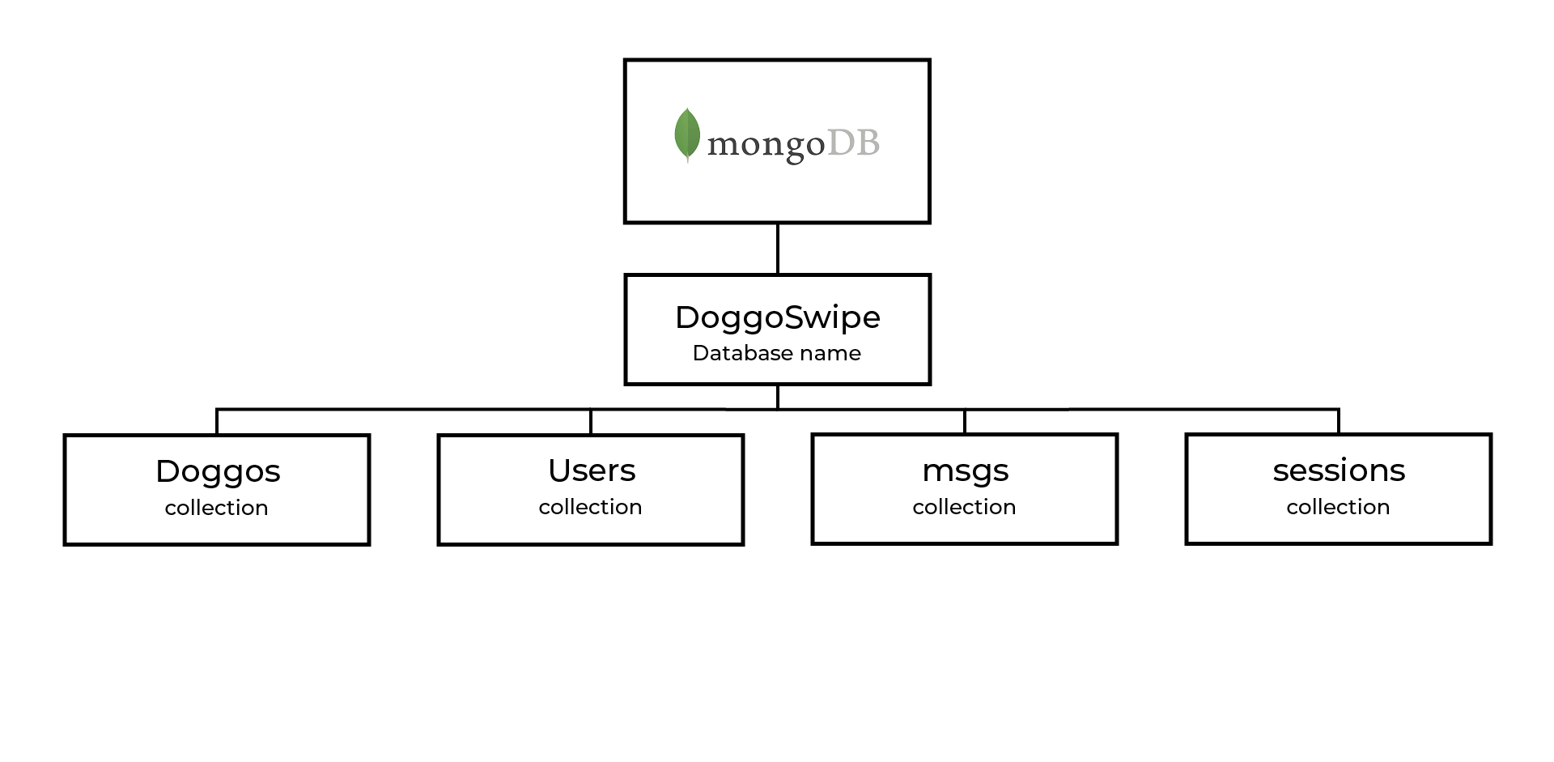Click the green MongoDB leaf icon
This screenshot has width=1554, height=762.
pyautogui.click(x=687, y=134)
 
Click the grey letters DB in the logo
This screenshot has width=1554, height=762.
pyautogui.click(x=853, y=143)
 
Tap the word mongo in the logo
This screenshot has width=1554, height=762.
pyautogui.click(x=766, y=146)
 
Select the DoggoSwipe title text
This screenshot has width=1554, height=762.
pyautogui.click(x=777, y=317)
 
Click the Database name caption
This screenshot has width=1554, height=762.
pyautogui.click(x=777, y=353)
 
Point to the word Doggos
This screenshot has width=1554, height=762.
pyautogui.click(x=218, y=471)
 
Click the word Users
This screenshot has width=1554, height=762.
pyautogui.click(x=592, y=470)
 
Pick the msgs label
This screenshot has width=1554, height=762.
pyautogui.click(x=965, y=471)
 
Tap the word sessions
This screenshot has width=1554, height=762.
pyautogui.click(x=1339, y=470)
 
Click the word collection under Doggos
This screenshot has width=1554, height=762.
pyautogui.click(x=217, y=508)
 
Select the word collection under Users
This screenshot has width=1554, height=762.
pyautogui.click(x=591, y=507)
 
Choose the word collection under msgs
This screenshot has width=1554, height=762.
pyautogui.click(x=965, y=507)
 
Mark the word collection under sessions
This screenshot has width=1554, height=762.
pyautogui.click(x=1339, y=507)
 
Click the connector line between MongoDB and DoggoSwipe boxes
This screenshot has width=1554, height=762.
pyautogui.click(x=778, y=249)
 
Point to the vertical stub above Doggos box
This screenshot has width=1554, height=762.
pyautogui.click(x=217, y=422)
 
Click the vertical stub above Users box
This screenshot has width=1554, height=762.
pyautogui.click(x=591, y=422)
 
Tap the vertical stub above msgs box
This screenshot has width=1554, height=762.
pyautogui.click(x=965, y=422)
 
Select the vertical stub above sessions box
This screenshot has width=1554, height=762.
pyautogui.click(x=1339, y=422)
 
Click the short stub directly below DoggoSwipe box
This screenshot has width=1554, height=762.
pyautogui.click(x=778, y=397)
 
